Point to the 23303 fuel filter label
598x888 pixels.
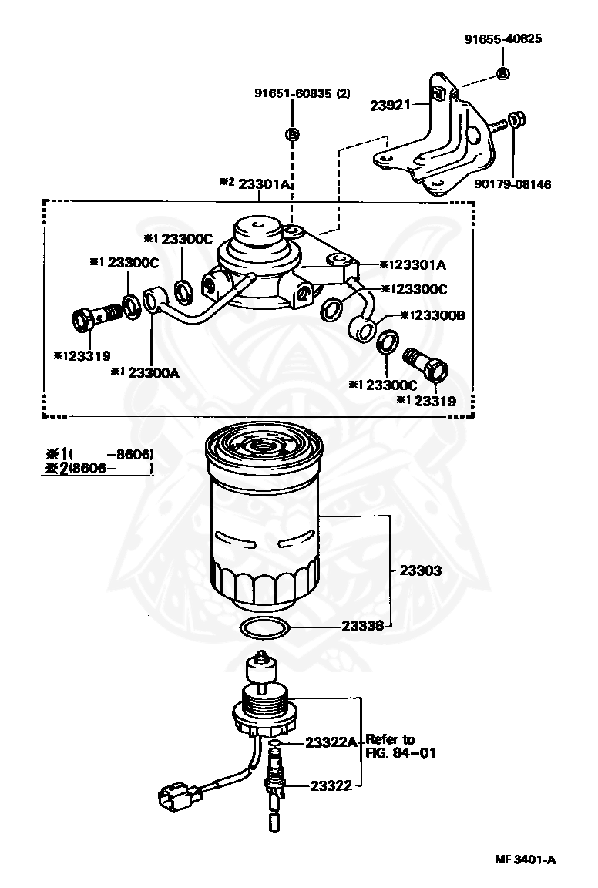pyautogui.click(x=420, y=570)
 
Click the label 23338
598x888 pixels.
pyautogui.click(x=363, y=626)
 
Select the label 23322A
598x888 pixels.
pyautogui.click(x=331, y=742)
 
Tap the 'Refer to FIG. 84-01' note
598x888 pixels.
pyautogui.click(x=400, y=746)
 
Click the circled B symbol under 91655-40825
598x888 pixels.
pyautogui.click(x=502, y=73)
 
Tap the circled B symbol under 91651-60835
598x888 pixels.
pyautogui.click(x=293, y=134)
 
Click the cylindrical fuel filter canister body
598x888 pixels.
pyautogui.click(x=264, y=524)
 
